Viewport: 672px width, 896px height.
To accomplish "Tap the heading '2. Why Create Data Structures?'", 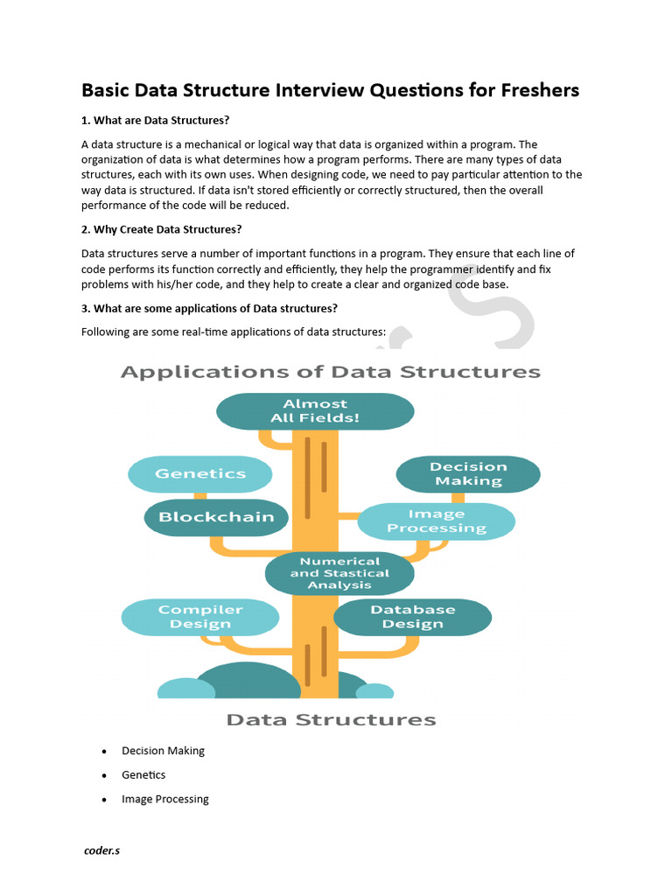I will (x=161, y=229).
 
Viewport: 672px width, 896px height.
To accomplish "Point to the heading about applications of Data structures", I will (x=209, y=308).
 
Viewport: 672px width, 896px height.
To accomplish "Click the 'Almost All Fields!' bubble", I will (x=315, y=411).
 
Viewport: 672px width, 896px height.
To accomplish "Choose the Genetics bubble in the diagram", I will (x=200, y=474).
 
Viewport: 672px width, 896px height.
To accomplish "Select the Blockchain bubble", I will (x=216, y=517).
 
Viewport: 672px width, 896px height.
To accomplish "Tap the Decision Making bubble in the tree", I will (x=468, y=474).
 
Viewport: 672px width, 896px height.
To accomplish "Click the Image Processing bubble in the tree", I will (x=437, y=521).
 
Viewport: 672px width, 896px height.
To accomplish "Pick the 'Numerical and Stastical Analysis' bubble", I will (x=339, y=573).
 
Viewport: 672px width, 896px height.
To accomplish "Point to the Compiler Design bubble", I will (x=200, y=617).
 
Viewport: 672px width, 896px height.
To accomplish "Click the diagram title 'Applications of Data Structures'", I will (x=330, y=372).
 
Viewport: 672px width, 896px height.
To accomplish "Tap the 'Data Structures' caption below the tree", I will (x=331, y=720).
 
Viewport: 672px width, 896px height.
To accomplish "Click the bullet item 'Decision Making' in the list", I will (x=163, y=751).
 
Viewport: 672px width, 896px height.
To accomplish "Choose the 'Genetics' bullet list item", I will (x=143, y=775).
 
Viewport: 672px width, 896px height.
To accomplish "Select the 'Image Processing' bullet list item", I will (x=165, y=799).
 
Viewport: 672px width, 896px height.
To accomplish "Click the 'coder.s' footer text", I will (x=101, y=850).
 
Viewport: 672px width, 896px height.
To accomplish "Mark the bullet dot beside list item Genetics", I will (x=104, y=776).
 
